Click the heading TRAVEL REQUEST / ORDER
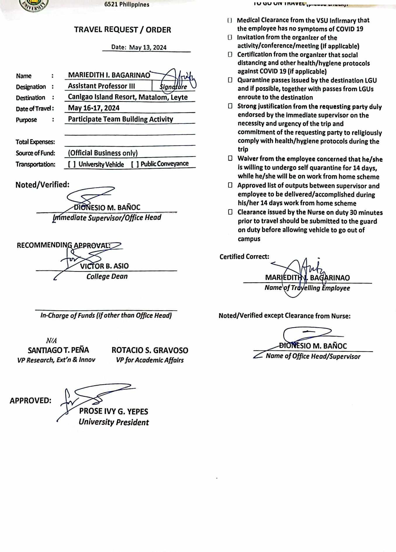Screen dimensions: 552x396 point(122,30)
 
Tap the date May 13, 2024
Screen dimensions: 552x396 point(148,48)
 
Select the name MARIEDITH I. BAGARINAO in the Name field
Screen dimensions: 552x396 point(109,75)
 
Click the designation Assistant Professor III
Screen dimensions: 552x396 point(101,86)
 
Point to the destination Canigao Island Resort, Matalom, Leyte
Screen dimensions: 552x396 point(128,97)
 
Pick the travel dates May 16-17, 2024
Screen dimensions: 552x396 point(94,108)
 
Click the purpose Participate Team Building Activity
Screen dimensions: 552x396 point(120,119)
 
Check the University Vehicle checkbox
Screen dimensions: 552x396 point(72,164)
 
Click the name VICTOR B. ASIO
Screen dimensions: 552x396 point(104,266)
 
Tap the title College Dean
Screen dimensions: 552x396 point(107,276)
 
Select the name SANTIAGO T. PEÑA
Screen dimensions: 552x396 point(58,350)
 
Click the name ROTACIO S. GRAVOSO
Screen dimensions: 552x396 point(150,350)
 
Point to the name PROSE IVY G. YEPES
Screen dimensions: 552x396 point(113,412)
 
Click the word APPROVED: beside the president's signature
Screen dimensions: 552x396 point(30,400)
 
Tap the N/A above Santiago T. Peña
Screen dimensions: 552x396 point(51,341)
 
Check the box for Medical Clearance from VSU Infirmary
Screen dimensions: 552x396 point(230,20)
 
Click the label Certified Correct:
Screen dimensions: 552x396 point(244,257)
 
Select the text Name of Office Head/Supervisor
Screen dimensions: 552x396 point(313,356)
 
